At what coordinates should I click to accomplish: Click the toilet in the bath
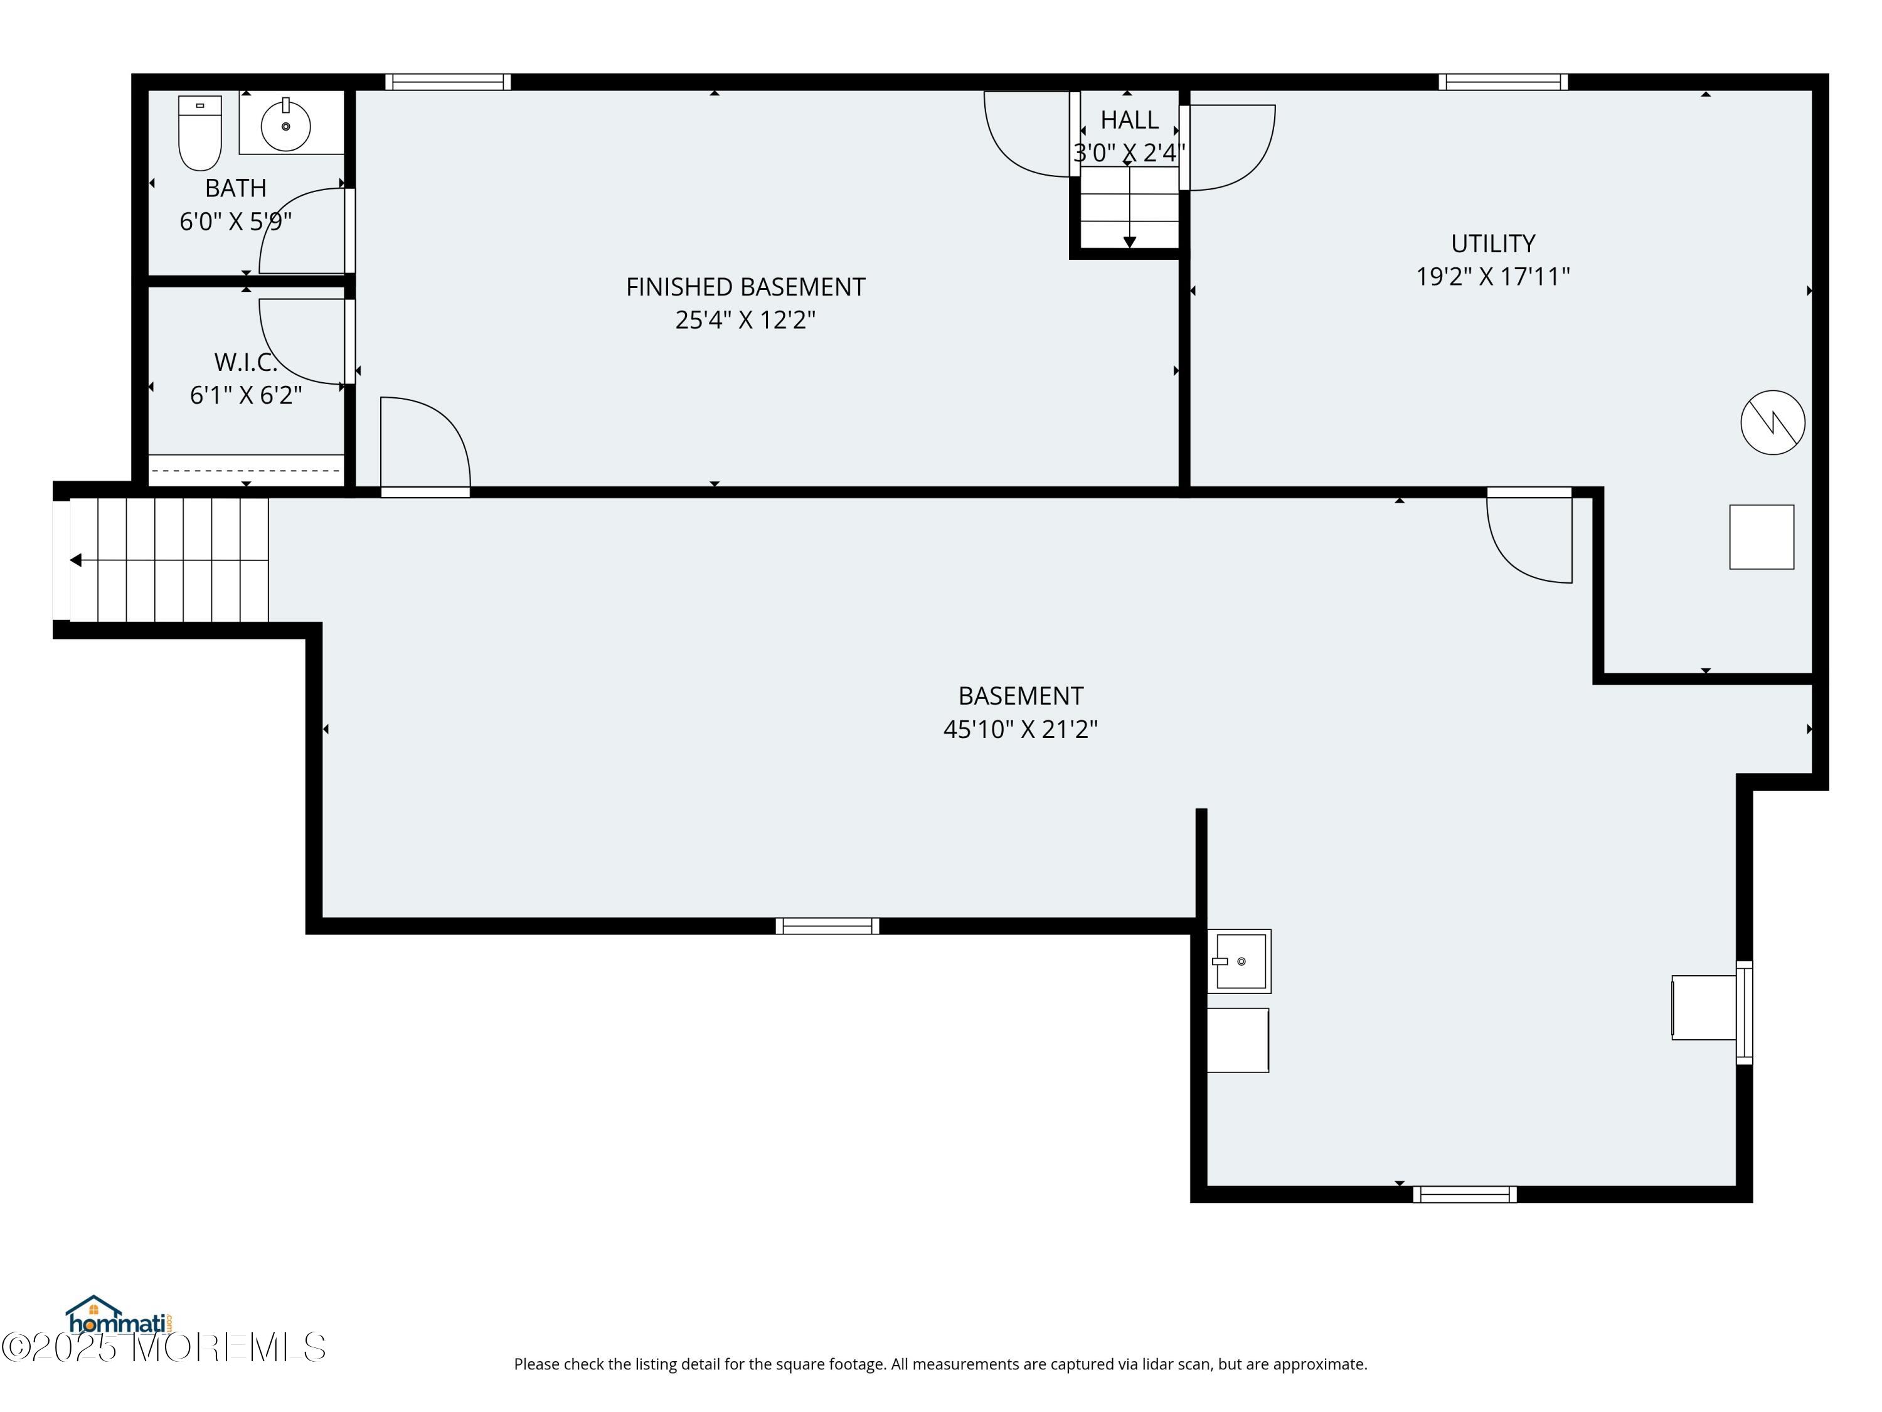[200, 133]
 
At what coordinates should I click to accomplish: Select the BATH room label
[236, 188]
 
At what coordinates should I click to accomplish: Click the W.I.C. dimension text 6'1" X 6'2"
[246, 395]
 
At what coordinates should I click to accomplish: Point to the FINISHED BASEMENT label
[745, 287]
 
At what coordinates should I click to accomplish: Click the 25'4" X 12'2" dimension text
[745, 320]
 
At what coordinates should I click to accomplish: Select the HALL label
[1129, 120]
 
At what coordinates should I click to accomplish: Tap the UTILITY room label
[1493, 243]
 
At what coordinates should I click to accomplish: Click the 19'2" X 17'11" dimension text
[1493, 277]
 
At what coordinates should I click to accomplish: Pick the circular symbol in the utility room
[1773, 422]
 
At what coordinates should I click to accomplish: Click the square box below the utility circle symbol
[1762, 537]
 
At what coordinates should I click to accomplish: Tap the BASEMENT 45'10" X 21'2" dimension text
[1021, 729]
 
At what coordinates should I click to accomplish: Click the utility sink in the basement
[1240, 961]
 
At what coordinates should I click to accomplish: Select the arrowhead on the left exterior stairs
[76, 560]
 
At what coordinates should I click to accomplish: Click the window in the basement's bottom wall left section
[827, 926]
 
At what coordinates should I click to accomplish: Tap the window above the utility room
[1503, 82]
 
